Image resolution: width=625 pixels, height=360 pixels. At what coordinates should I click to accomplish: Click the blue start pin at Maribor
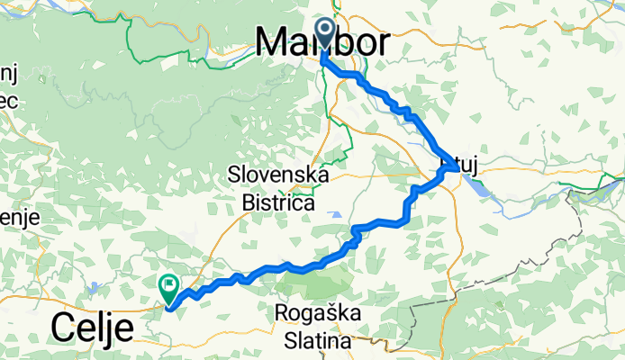pos(324,32)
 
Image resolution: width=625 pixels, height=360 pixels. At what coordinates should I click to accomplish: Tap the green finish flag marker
pos(169,287)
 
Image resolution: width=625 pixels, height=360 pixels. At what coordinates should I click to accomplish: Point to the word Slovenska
pos(279,173)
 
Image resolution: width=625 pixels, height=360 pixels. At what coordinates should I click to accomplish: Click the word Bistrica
pos(278,203)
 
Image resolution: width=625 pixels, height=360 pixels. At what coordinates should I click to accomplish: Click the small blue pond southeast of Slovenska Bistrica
pos(336,215)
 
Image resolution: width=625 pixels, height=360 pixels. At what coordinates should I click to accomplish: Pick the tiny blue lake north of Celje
pos(94,290)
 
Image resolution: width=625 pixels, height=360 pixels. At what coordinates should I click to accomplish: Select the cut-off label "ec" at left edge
pos(9,102)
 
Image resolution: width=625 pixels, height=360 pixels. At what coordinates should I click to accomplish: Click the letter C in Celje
pos(66,328)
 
